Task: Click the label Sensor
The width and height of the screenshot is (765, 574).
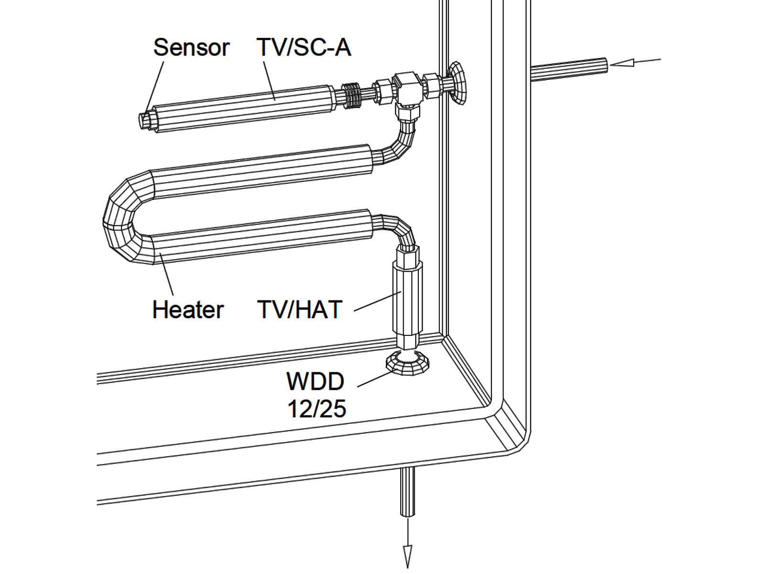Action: coord(191,47)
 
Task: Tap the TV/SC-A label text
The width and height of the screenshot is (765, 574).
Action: coord(304,47)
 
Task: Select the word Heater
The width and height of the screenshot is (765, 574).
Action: coord(188,309)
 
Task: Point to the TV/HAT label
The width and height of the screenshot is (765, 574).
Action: coord(300,309)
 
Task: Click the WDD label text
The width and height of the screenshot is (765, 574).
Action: coord(316,381)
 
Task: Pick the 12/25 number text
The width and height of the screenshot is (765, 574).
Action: coord(317,409)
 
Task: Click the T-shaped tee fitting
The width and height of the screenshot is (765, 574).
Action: coord(406,88)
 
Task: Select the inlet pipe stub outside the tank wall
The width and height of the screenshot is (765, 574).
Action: coord(569,69)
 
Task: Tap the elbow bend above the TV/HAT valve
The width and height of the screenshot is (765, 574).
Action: coord(399,230)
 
